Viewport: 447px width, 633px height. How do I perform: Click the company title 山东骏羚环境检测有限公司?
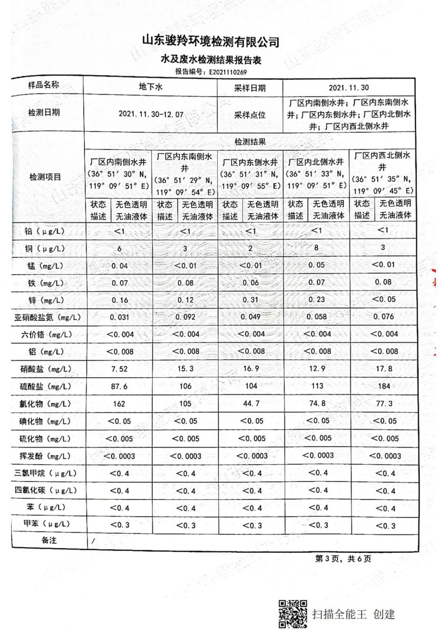211,42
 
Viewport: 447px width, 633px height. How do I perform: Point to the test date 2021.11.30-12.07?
151,113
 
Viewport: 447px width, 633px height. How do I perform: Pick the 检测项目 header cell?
45,177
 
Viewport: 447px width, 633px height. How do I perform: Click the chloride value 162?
120,404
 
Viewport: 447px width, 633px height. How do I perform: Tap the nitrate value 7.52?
120,369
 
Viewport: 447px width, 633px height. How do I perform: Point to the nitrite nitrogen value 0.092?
186,317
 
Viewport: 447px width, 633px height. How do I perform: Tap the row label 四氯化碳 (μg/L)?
45,491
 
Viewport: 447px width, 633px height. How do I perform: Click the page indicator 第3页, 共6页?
343,559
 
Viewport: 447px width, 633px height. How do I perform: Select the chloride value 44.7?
251,404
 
